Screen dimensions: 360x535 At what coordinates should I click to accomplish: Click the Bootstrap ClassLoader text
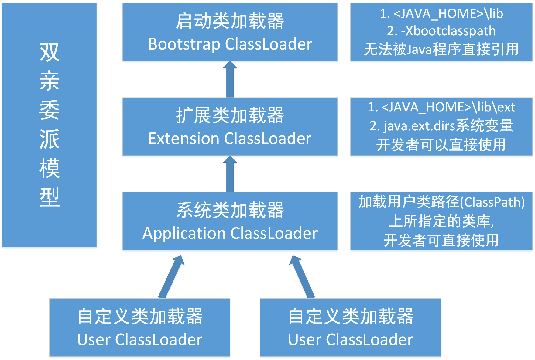(230, 44)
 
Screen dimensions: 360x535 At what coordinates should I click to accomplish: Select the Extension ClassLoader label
(230, 139)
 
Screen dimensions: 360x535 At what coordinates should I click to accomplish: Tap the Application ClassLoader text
(230, 234)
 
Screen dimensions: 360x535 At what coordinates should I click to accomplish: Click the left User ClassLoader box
(140, 327)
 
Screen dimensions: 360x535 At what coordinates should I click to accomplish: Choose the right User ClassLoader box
(350, 327)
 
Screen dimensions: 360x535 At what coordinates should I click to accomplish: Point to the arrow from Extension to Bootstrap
(230, 80)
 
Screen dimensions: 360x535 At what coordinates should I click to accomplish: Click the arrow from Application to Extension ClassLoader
(230, 174)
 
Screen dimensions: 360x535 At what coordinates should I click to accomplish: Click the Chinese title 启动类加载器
(230, 21)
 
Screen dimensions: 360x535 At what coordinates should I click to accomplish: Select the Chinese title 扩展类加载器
(230, 116)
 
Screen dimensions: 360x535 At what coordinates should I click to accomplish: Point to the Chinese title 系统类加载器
(230, 210)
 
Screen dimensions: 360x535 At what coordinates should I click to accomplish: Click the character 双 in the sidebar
(50, 52)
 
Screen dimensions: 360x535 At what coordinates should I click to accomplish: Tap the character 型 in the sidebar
(50, 197)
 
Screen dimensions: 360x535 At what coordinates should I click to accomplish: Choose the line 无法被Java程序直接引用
(441, 49)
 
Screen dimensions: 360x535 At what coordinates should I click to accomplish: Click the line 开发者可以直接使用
(441, 145)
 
